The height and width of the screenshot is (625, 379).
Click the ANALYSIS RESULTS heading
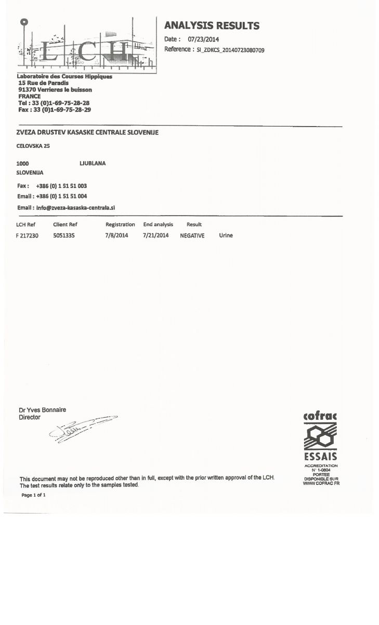click(x=212, y=26)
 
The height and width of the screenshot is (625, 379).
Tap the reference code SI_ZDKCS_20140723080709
click(x=230, y=50)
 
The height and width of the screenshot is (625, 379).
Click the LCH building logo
click(x=87, y=46)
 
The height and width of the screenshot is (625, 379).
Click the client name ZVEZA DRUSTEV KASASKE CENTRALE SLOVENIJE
click(x=87, y=132)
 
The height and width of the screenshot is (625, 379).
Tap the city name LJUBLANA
click(x=93, y=163)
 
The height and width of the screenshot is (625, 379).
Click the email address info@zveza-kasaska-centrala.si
click(x=75, y=207)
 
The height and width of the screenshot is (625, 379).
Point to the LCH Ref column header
click(x=25, y=224)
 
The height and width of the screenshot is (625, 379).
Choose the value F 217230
click(x=27, y=235)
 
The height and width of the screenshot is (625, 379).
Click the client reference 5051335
click(x=65, y=235)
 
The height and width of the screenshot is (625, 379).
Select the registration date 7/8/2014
click(x=116, y=235)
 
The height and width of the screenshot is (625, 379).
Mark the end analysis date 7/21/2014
click(x=156, y=235)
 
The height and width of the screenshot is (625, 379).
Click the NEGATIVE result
click(x=192, y=235)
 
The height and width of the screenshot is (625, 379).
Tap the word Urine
click(x=226, y=235)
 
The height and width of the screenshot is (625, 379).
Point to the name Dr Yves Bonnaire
click(x=43, y=410)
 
